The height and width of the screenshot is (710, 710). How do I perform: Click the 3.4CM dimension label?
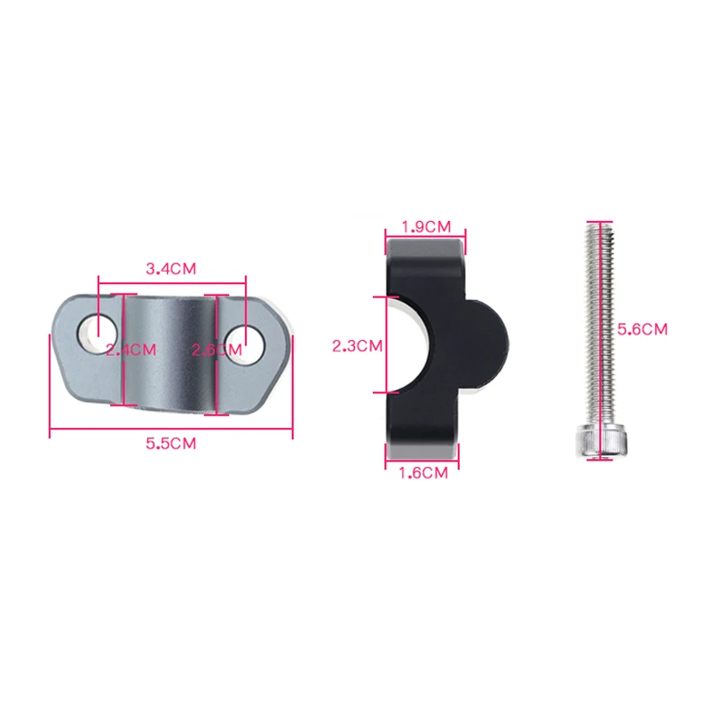point(170,267)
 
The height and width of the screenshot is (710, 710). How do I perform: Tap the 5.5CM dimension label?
point(171,445)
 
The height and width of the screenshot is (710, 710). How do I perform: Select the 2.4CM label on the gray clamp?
point(131,349)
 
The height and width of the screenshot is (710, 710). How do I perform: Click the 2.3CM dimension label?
point(357,346)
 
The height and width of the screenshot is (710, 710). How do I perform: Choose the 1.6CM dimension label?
point(422,473)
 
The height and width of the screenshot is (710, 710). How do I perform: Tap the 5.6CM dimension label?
point(642,328)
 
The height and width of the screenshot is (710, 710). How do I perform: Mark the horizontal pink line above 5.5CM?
point(171,432)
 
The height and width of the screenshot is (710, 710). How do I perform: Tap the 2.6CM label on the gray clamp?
point(217,349)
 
